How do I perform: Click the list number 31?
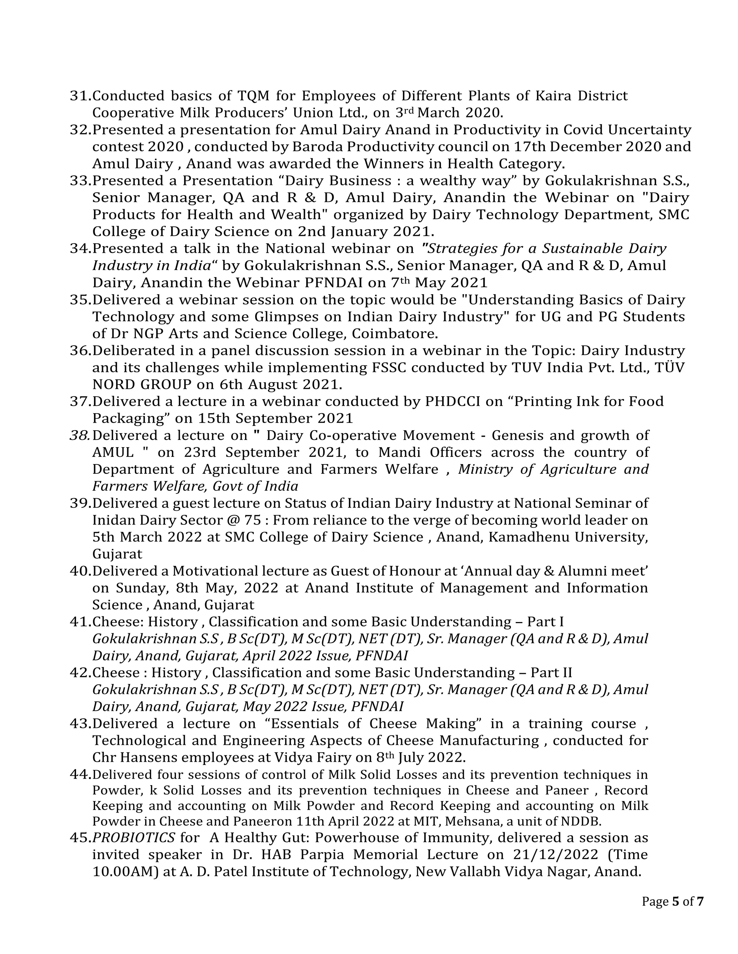[x=80, y=96]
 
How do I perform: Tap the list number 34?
[x=80, y=248]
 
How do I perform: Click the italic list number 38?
[x=80, y=436]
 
